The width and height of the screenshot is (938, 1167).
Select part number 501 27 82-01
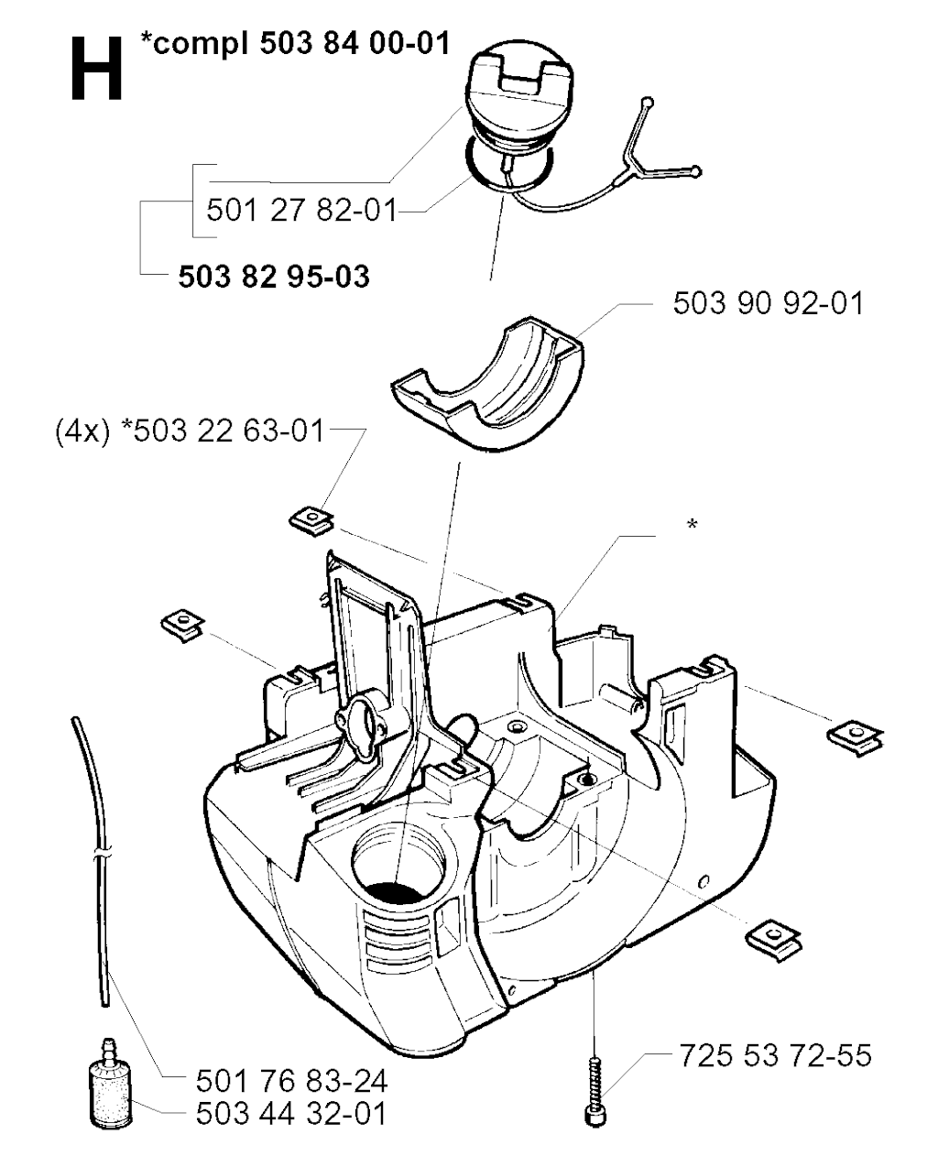(x=301, y=210)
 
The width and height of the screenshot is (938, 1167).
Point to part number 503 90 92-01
(x=768, y=303)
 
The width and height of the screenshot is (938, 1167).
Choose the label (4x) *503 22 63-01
(x=190, y=432)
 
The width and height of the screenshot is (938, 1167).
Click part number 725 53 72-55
(x=775, y=1055)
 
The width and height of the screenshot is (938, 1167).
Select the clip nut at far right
(x=855, y=739)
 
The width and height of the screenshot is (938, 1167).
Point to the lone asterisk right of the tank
(x=693, y=525)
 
